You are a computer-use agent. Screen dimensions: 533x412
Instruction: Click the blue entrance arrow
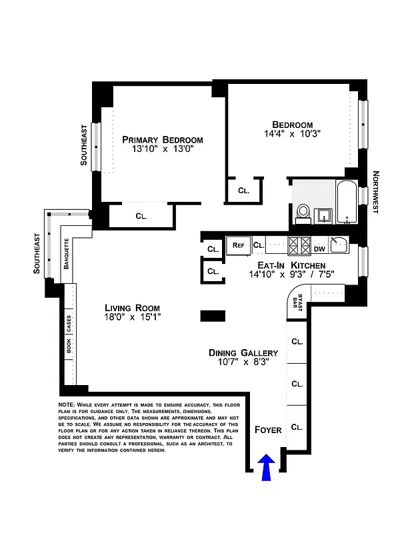click(x=267, y=466)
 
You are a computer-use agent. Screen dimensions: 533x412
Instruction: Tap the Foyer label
click(x=268, y=430)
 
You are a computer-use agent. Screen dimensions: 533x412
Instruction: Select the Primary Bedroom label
click(x=162, y=140)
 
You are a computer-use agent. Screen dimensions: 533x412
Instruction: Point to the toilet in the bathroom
click(x=303, y=213)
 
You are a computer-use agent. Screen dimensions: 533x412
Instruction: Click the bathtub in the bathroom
click(x=346, y=203)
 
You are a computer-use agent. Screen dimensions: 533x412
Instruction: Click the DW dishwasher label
click(x=319, y=249)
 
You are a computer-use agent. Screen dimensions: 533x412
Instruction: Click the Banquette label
click(x=67, y=253)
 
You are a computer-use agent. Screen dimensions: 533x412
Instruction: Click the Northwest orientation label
click(x=375, y=193)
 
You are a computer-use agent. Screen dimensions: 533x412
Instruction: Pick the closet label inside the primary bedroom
click(x=141, y=215)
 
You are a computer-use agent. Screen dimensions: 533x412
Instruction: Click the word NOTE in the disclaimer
click(x=67, y=404)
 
